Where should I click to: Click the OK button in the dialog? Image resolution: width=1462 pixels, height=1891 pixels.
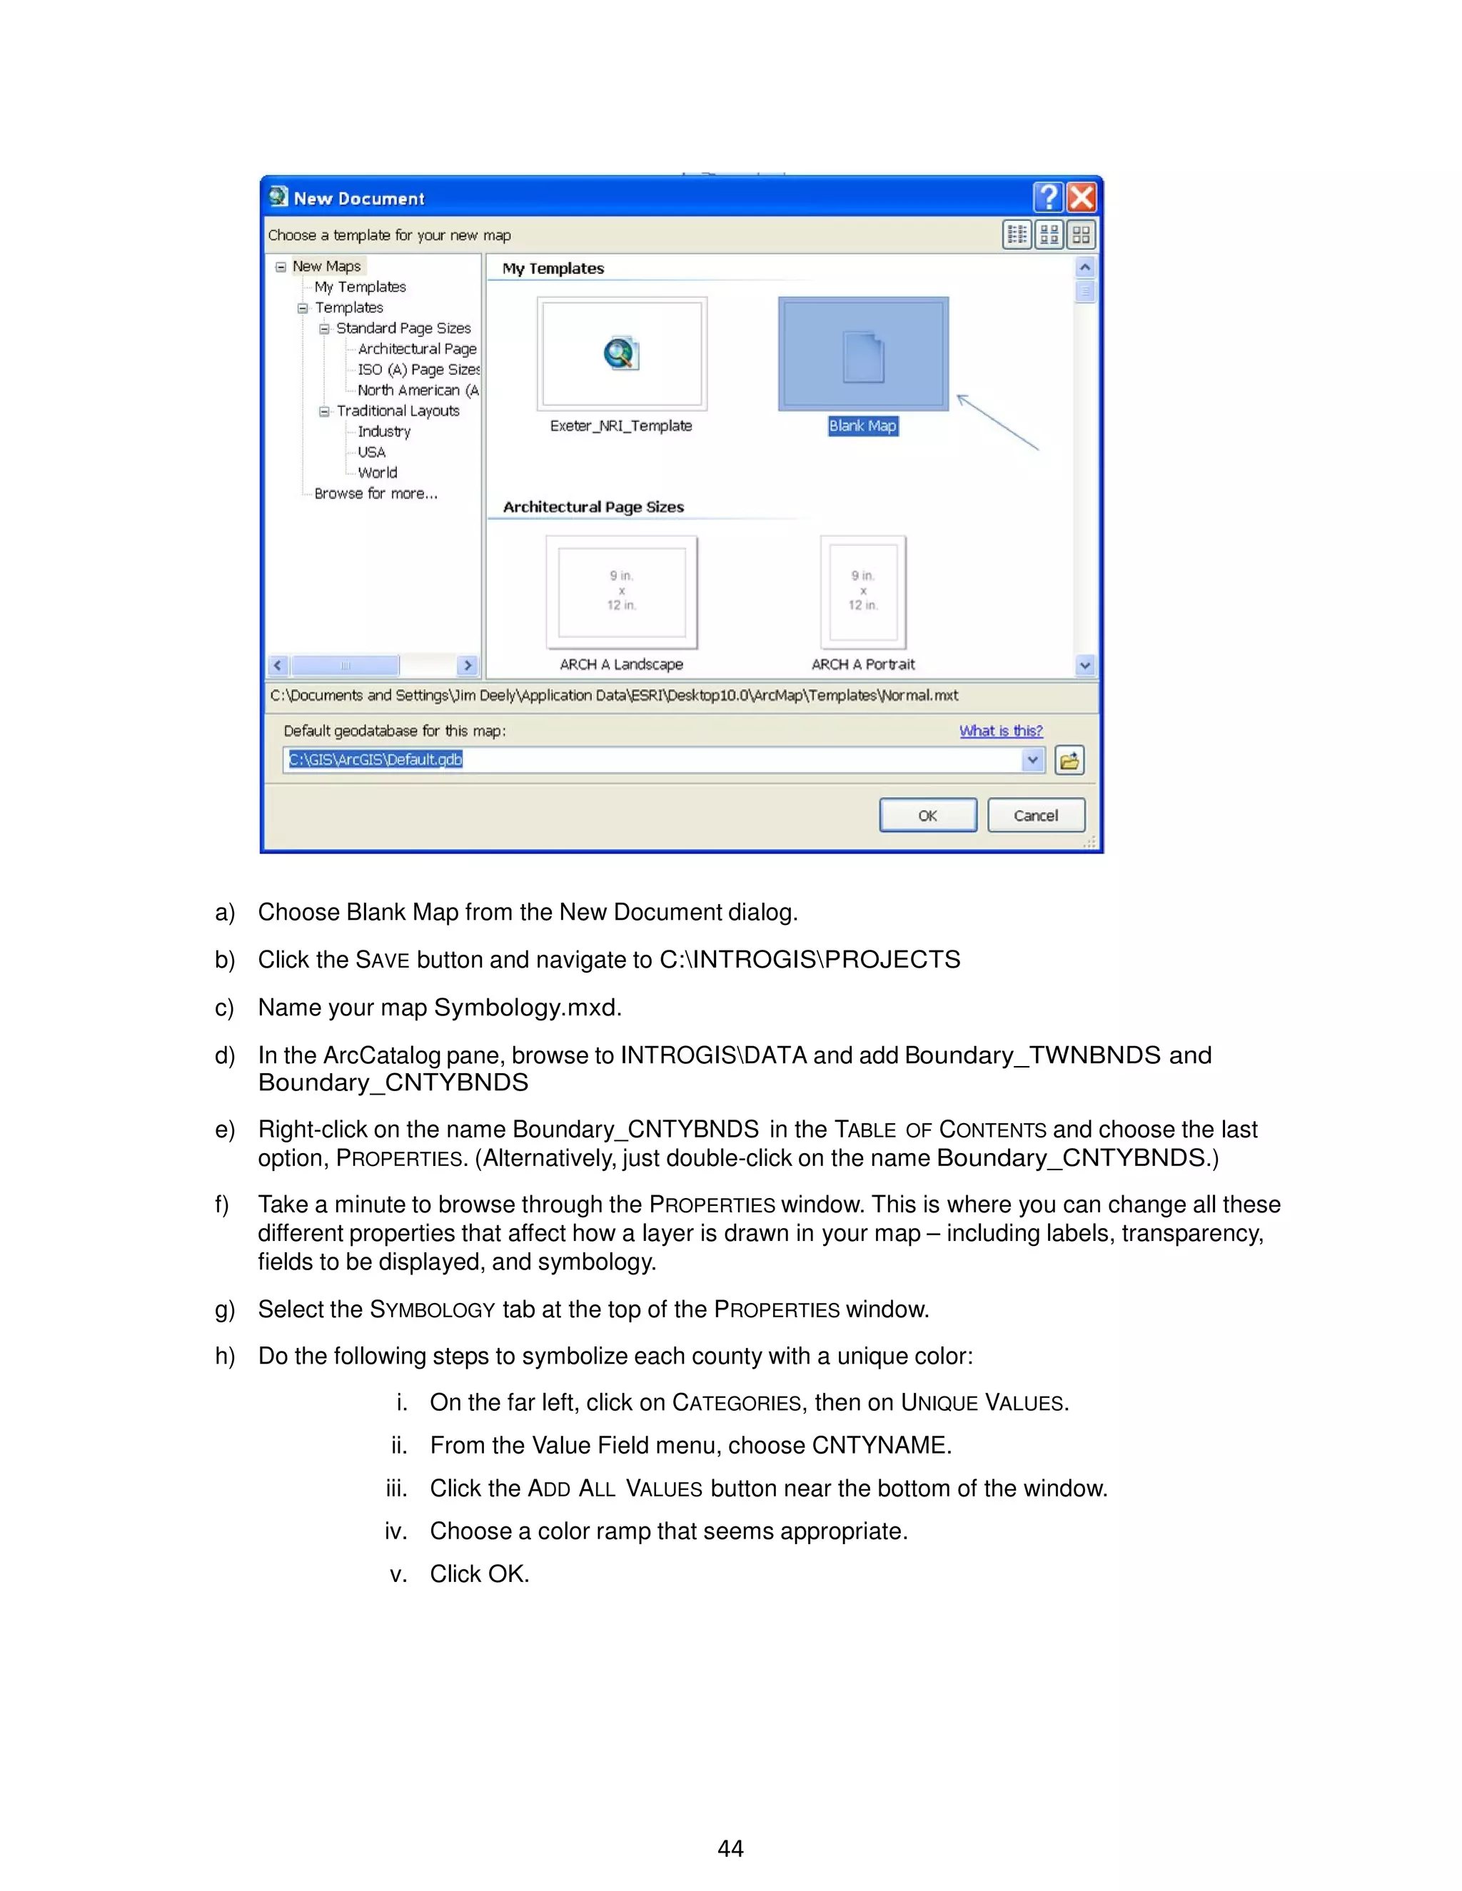[x=927, y=815]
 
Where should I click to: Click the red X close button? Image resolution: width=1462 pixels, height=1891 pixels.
[x=1082, y=198]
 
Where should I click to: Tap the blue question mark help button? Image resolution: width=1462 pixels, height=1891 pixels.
[x=1048, y=198]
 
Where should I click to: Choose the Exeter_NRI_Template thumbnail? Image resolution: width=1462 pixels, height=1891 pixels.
[x=621, y=354]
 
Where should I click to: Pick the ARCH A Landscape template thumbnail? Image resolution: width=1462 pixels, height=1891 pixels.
[x=621, y=592]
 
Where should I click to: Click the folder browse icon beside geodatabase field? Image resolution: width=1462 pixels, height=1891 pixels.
[x=1069, y=760]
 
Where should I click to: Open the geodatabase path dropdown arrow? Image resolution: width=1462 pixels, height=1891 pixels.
[x=1032, y=760]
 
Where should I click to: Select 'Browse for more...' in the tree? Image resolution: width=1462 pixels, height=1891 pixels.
[x=376, y=494]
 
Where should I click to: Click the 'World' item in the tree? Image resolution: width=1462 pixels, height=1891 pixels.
[x=378, y=472]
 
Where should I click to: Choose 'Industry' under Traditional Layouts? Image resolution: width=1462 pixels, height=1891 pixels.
[x=383, y=431]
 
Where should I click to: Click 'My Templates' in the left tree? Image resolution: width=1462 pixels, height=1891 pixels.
[x=360, y=287]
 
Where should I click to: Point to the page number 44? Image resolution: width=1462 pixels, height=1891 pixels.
[x=730, y=1849]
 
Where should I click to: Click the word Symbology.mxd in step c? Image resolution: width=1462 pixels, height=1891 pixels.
[x=527, y=1008]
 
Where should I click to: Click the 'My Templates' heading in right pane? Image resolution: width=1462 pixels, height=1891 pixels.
[x=553, y=268]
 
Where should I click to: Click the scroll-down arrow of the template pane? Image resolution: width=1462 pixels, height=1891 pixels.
[x=1084, y=665]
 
